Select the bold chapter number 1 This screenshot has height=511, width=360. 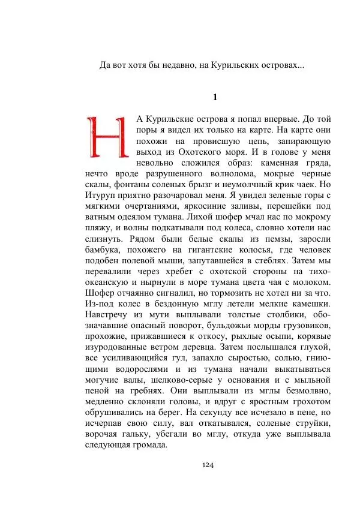[215, 98]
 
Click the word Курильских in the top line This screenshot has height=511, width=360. [231, 65]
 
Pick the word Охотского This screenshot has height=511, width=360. [209, 152]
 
